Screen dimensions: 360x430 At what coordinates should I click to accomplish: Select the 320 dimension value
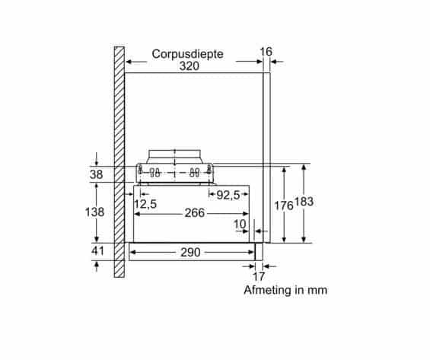(x=189, y=66)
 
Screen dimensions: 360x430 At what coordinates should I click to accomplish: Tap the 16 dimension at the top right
(x=266, y=52)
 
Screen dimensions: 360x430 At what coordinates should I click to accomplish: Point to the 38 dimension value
(x=97, y=174)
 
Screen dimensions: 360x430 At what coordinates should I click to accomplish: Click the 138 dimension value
(x=94, y=213)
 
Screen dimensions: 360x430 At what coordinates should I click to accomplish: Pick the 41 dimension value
(x=97, y=251)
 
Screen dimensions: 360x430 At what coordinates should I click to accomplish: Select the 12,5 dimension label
(x=145, y=204)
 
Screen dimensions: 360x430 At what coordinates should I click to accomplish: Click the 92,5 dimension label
(x=228, y=195)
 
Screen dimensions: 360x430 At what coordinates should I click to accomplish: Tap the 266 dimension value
(x=194, y=213)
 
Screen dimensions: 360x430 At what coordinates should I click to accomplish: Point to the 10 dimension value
(x=240, y=225)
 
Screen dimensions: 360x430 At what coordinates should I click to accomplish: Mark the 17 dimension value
(x=258, y=277)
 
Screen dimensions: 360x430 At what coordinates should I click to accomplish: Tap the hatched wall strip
(x=119, y=160)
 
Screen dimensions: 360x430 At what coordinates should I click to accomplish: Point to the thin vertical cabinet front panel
(x=266, y=152)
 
